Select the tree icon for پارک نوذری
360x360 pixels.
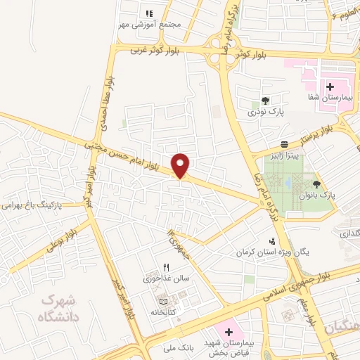pos(265,101)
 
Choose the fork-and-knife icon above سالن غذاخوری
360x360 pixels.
pos(167,267)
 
